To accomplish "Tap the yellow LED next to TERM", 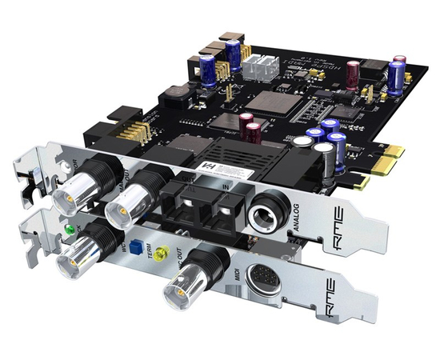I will (x=162, y=255).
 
